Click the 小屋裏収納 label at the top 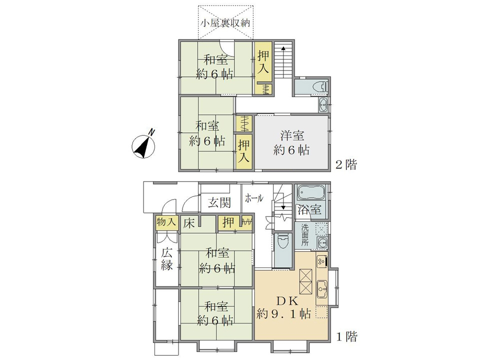pyautogui.click(x=225, y=23)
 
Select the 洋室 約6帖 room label pyautogui.click(x=291, y=142)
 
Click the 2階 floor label pyautogui.click(x=346, y=165)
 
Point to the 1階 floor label pyautogui.click(x=347, y=337)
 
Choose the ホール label pyautogui.click(x=254, y=198)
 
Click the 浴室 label pyautogui.click(x=310, y=209)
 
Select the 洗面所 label pyautogui.click(x=305, y=235)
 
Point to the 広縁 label pyautogui.click(x=167, y=259)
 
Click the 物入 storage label pyautogui.click(x=166, y=221)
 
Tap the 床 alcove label pyautogui.click(x=189, y=223)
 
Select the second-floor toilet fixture pyautogui.click(x=320, y=86)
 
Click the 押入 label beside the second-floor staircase pyautogui.click(x=263, y=62)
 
